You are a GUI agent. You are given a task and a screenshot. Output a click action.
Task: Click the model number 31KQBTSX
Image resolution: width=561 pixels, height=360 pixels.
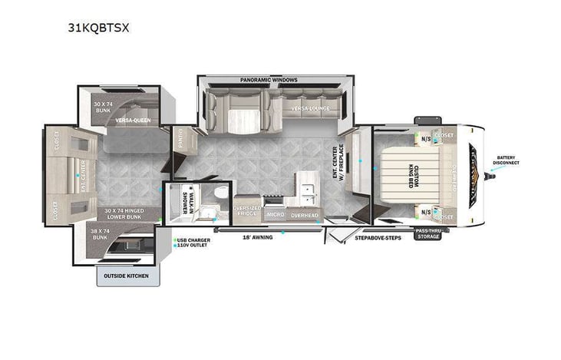click(98, 28)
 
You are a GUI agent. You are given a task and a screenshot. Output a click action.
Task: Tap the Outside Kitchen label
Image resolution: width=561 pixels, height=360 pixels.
click(127, 275)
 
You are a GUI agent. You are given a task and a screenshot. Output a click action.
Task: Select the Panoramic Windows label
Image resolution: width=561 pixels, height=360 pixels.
click(268, 80)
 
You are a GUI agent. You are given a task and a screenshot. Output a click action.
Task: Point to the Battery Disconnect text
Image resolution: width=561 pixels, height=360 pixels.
click(507, 160)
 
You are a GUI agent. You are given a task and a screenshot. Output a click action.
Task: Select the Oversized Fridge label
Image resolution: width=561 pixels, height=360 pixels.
click(247, 212)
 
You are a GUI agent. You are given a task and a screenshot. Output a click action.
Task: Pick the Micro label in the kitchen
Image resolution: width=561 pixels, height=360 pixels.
click(274, 215)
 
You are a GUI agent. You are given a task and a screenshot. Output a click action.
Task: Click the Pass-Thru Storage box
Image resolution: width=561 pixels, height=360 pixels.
click(427, 233)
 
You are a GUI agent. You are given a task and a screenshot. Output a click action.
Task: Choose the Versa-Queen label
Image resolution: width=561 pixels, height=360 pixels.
click(133, 121)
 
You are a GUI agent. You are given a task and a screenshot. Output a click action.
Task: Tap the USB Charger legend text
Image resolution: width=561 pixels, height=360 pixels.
click(192, 240)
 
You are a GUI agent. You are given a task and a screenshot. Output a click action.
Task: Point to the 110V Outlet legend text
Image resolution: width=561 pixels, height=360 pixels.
click(192, 246)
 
